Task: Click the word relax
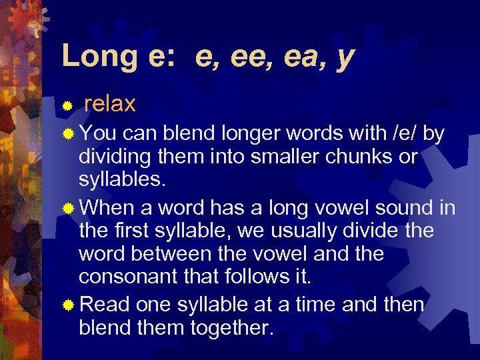(x=110, y=104)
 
